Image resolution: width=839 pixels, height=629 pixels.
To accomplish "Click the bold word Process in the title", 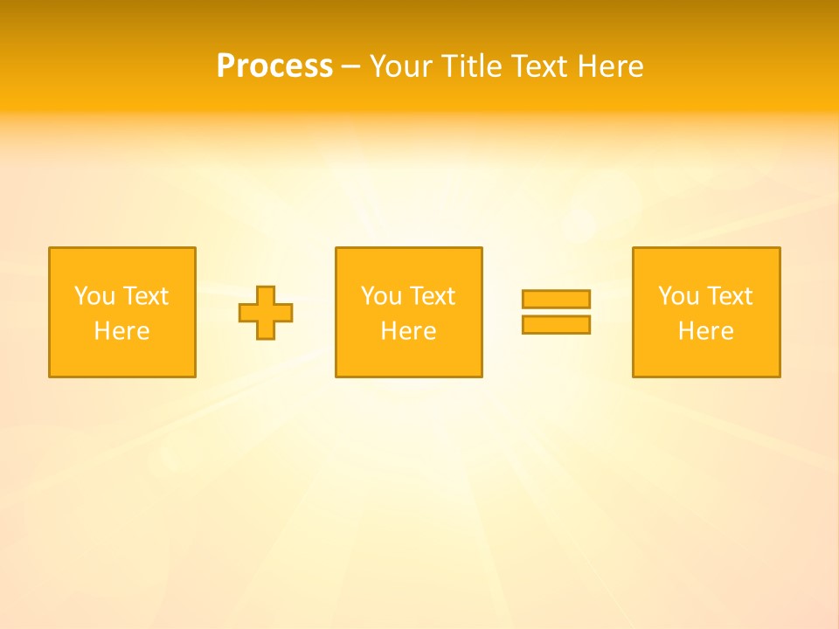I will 274,66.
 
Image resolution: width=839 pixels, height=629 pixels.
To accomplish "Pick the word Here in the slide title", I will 612,66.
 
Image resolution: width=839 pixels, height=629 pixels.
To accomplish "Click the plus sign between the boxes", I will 266,313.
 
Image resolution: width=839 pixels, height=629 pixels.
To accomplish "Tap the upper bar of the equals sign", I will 556,299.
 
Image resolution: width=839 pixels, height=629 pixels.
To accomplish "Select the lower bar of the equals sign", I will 556,324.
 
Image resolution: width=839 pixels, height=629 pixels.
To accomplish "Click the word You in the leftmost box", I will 94,296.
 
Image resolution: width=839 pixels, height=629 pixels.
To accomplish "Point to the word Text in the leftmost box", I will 145,296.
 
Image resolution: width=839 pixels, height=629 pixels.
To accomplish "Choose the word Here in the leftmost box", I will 122,331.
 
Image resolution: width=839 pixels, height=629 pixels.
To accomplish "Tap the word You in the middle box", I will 381,296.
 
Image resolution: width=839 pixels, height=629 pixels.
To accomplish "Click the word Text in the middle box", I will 432,296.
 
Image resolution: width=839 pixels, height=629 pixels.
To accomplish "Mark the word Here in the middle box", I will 409,331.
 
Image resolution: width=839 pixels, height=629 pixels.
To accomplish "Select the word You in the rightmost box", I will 678,296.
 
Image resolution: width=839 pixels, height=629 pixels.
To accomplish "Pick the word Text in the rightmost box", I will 729,296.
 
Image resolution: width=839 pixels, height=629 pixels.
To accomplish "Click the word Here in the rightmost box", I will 706,331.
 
